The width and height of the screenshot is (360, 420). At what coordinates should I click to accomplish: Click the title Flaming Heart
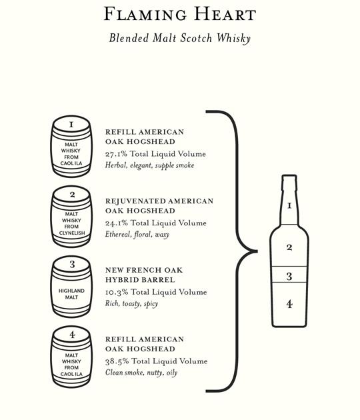click(180, 14)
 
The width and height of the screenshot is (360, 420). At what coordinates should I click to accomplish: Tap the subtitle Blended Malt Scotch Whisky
click(180, 38)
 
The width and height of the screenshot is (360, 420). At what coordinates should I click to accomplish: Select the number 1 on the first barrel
click(71, 125)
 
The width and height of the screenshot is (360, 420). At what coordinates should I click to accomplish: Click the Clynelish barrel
click(71, 217)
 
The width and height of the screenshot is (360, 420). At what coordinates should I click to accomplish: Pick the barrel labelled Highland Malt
click(71, 287)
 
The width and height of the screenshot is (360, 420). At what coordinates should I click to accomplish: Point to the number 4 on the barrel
click(72, 335)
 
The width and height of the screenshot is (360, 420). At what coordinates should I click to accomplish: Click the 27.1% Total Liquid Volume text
click(155, 154)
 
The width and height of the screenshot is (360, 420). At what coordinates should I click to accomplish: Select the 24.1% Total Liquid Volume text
click(155, 223)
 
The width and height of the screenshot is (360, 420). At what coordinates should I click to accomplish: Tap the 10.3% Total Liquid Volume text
click(156, 292)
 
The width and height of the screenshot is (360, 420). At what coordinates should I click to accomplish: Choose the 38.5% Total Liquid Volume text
click(156, 361)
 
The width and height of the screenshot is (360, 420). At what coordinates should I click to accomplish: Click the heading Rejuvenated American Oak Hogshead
click(159, 206)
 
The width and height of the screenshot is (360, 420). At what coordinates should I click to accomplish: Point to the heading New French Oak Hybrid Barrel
click(144, 275)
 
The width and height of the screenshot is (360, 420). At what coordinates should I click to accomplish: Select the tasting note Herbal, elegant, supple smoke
click(149, 165)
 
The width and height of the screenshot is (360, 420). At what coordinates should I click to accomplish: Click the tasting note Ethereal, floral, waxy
click(137, 235)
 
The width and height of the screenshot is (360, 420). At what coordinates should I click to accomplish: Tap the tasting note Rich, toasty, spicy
click(131, 304)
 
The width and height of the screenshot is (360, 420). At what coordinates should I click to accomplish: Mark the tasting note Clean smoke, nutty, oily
click(141, 373)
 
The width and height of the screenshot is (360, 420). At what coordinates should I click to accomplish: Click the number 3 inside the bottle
click(289, 276)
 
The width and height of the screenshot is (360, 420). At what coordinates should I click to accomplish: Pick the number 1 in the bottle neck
click(289, 206)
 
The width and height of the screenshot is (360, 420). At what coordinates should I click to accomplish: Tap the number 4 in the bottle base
click(289, 304)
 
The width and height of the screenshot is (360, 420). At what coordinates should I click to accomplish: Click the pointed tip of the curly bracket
click(257, 251)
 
